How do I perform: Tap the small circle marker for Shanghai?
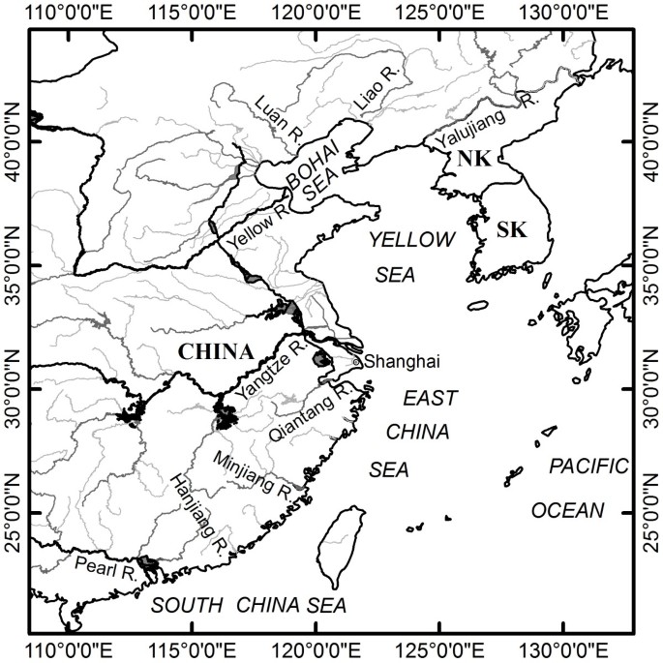[357, 362]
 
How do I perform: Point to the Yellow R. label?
[255, 228]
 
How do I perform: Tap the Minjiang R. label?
[254, 474]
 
